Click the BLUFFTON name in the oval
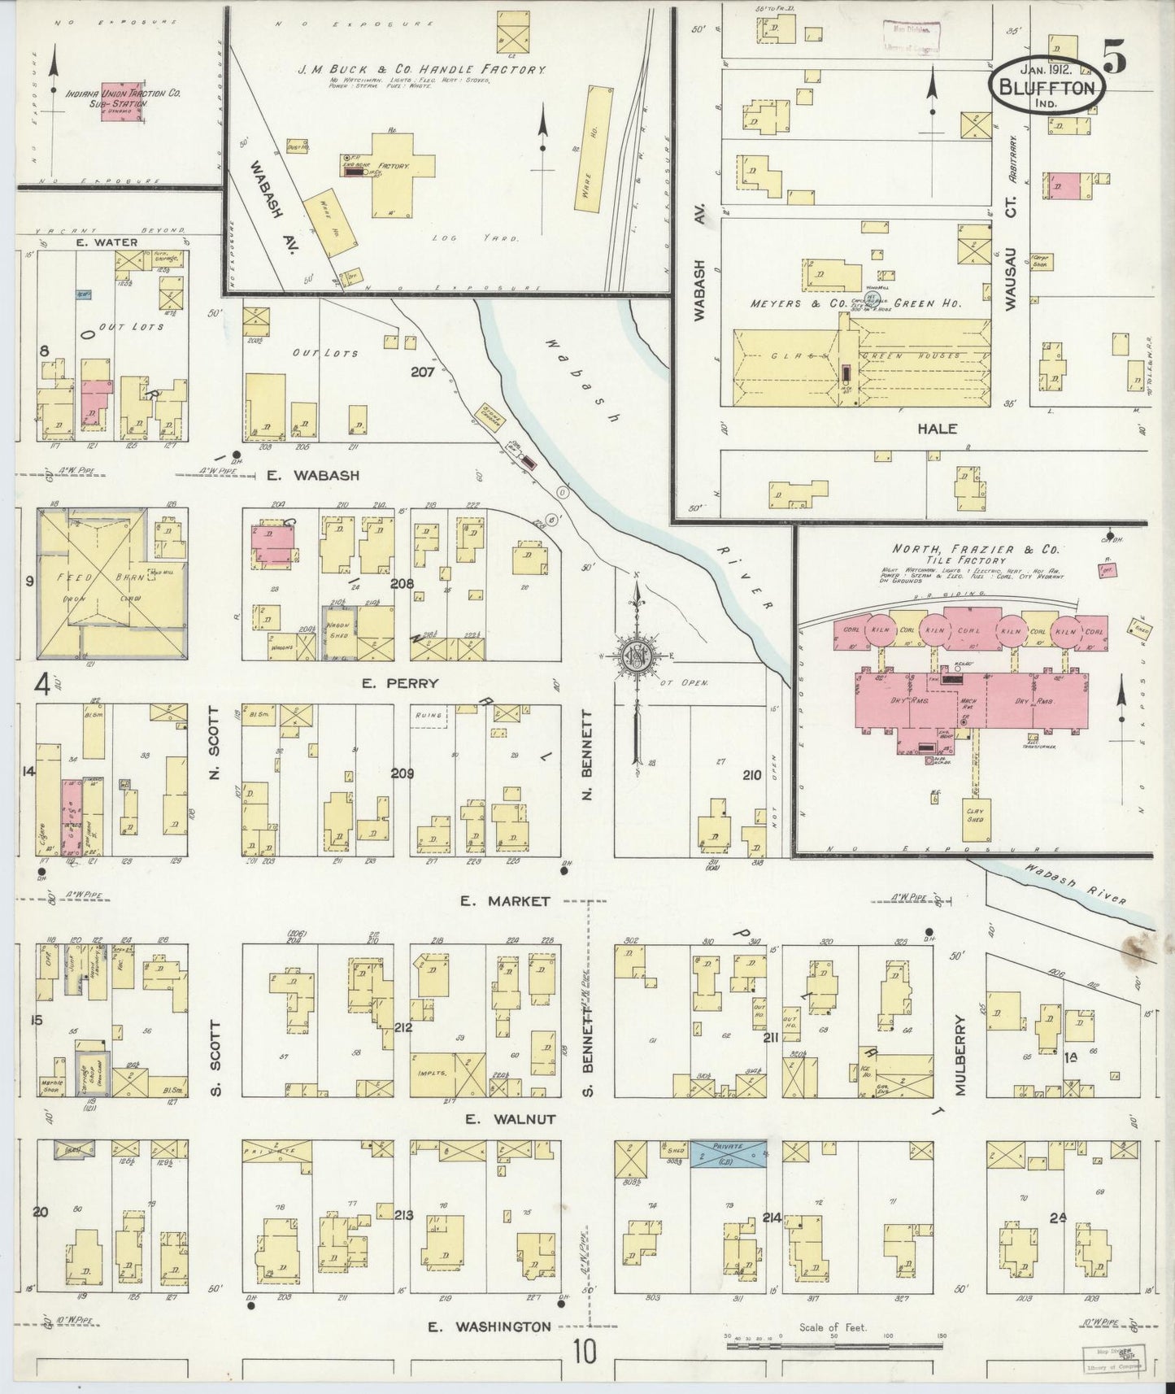[x=1047, y=87]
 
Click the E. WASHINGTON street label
[x=490, y=1326]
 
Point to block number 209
[x=402, y=773]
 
